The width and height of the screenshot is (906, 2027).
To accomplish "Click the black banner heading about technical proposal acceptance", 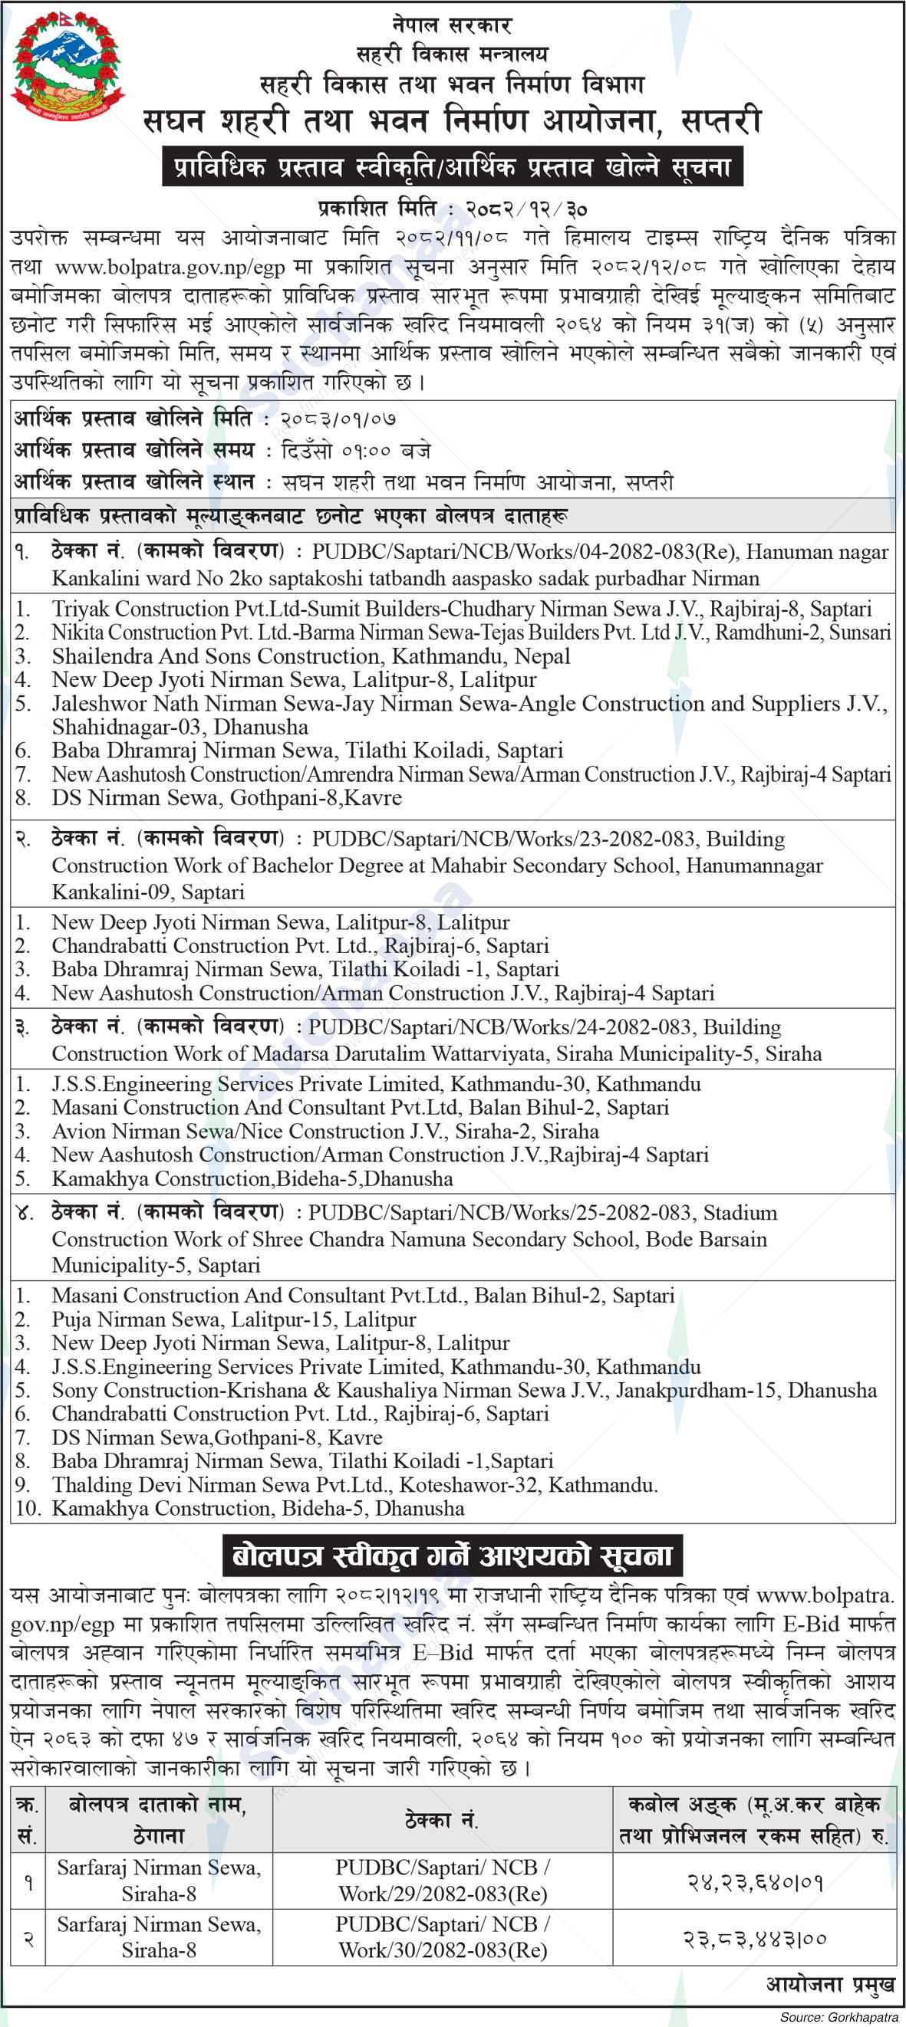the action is pyautogui.click(x=453, y=168).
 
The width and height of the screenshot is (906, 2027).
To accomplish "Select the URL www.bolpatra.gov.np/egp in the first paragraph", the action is pyautogui.click(x=170, y=268).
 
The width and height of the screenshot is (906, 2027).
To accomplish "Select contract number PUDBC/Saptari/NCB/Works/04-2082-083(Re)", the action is pyautogui.click(x=524, y=553).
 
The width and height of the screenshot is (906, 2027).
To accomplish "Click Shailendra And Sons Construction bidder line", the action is pyautogui.click(x=310, y=656).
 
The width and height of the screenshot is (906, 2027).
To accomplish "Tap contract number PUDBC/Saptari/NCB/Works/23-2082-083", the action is pyautogui.click(x=504, y=839).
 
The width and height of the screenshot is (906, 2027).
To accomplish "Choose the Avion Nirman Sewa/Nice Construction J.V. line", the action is pyautogui.click(x=325, y=1132).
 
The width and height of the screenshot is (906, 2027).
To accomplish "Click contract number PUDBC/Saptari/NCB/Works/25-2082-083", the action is pyautogui.click(x=500, y=1213).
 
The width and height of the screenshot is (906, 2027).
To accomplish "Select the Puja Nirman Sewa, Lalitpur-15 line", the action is pyautogui.click(x=234, y=1319).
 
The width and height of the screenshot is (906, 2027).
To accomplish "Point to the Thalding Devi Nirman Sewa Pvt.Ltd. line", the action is pyautogui.click(x=354, y=1485).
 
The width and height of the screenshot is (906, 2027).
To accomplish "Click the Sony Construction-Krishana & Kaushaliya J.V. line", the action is pyautogui.click(x=463, y=1391).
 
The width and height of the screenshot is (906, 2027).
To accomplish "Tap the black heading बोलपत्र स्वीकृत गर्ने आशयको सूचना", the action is pyautogui.click(x=453, y=1555).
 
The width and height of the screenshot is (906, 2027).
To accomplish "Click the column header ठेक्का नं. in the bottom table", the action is pyautogui.click(x=442, y=1819).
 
